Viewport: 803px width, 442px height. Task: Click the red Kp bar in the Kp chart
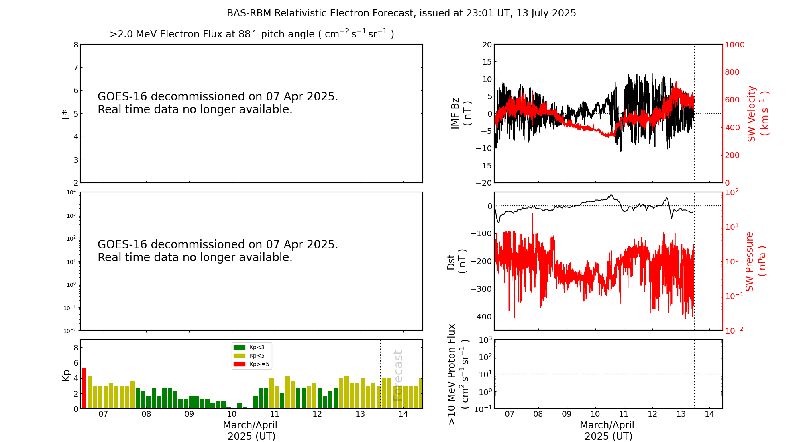coord(84,388)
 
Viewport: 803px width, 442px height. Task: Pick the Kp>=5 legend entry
coord(251,364)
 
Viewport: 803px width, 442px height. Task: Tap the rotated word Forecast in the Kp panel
coord(398,375)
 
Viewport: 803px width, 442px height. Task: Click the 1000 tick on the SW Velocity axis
coord(734,45)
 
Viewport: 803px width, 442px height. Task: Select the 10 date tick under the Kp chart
coord(232,414)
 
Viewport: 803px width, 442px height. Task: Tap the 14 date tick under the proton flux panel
coord(709,414)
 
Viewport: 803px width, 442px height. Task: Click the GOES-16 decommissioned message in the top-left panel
coord(218,103)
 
